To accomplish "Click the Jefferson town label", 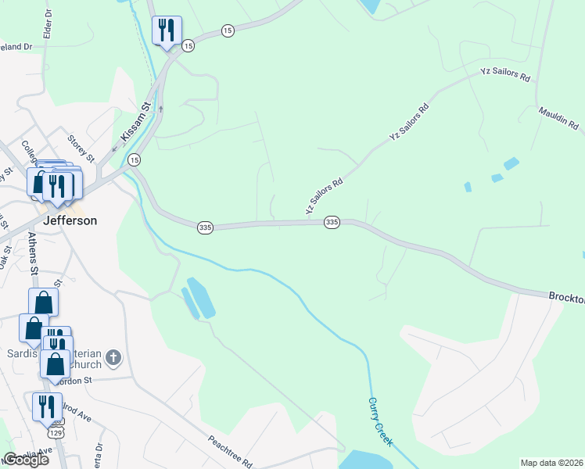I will point(70,220).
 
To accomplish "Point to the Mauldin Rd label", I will point(558,119).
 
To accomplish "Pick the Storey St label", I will point(81,148).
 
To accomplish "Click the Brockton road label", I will point(565,298).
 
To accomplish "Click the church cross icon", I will point(113,359).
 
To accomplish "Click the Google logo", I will point(26,460).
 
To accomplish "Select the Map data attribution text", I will point(551,463).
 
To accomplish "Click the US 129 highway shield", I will point(54,432).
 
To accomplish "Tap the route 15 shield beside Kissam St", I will point(135,159).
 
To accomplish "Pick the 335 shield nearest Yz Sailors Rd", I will point(332,223).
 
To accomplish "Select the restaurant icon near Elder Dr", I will point(166,30).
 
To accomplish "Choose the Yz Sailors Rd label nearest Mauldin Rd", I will point(505,76).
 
